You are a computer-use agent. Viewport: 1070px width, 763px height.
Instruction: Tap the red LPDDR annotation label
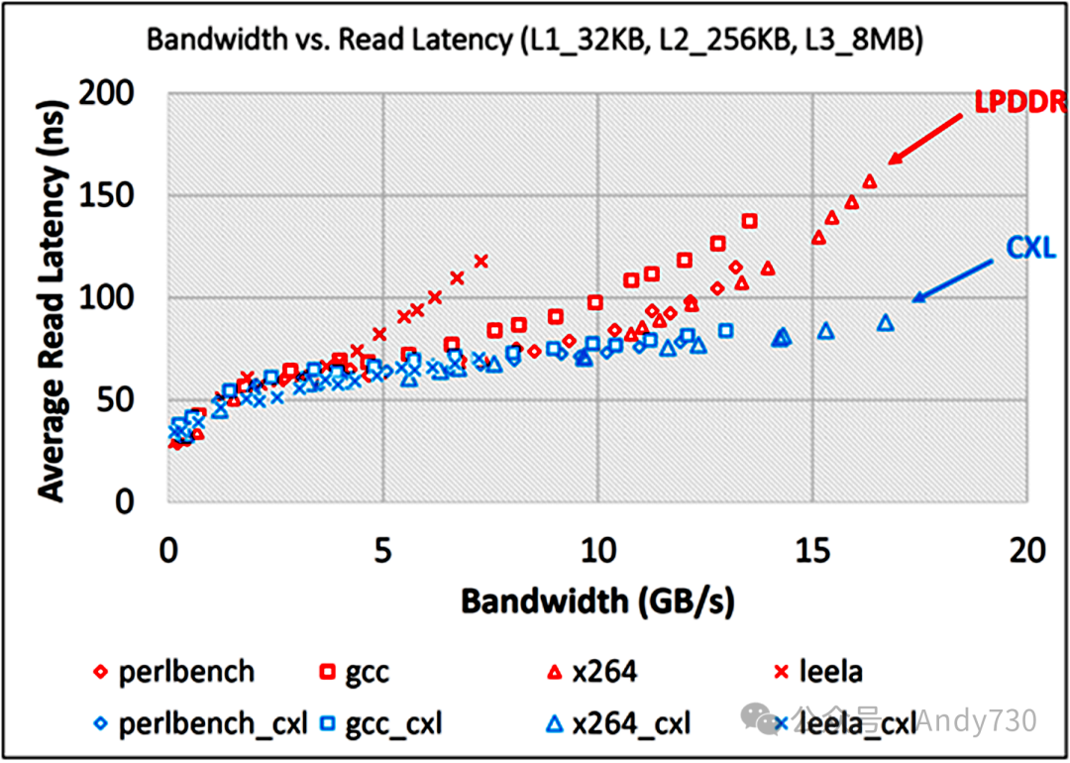[x=1017, y=103]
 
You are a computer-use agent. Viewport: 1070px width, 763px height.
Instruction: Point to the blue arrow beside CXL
[x=952, y=278]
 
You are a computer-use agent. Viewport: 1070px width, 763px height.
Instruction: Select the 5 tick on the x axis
[x=382, y=547]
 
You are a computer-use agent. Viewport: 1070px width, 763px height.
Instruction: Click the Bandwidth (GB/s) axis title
[x=596, y=601]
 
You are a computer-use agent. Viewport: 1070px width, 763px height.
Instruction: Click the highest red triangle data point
[x=870, y=181]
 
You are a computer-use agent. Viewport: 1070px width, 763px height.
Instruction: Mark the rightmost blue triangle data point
[x=886, y=322]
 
